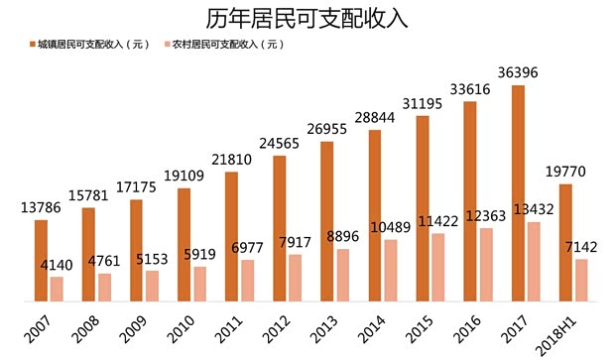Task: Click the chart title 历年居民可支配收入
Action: click(307, 19)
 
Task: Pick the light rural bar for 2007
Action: click(57, 289)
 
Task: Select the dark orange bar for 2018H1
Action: click(564, 242)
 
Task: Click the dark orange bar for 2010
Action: click(184, 244)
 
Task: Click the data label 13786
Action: click(41, 208)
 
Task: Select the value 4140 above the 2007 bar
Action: click(57, 265)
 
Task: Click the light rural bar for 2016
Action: click(485, 265)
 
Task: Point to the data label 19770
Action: click(565, 173)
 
